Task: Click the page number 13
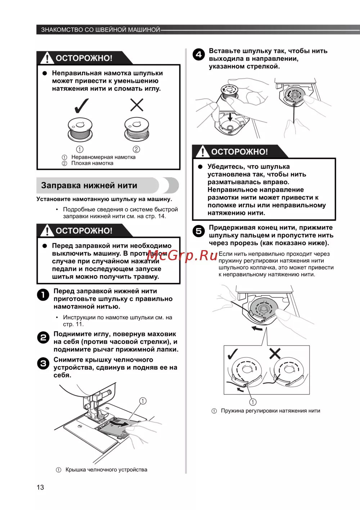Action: tap(40, 487)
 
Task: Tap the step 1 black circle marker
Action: tap(43, 295)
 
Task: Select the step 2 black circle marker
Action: tap(43, 338)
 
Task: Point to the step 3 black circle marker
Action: tap(43, 364)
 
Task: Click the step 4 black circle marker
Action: tap(199, 55)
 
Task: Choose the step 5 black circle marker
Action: tap(199, 231)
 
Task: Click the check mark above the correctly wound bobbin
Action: tap(81, 105)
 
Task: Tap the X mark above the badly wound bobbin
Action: tap(137, 105)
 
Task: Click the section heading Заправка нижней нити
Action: tap(89, 186)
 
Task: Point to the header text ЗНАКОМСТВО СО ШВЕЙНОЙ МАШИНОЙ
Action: tap(100, 30)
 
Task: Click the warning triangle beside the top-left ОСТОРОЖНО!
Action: tap(47, 58)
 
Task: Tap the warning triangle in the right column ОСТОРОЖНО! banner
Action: tap(203, 152)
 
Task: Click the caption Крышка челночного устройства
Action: tap(106, 470)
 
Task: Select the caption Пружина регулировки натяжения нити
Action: tap(270, 411)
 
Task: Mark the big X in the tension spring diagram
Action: tap(275, 354)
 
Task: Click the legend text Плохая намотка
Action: tap(92, 163)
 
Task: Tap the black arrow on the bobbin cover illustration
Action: tap(121, 424)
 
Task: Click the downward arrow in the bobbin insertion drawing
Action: tap(230, 117)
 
